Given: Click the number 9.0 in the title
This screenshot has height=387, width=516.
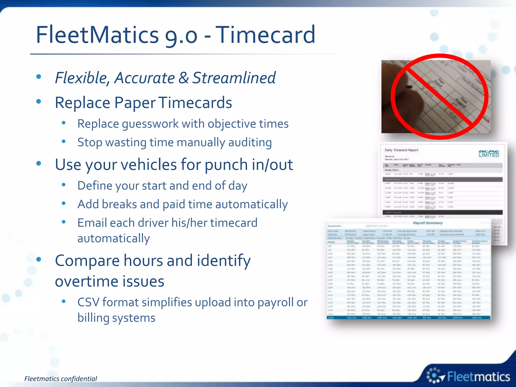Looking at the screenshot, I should [x=181, y=35].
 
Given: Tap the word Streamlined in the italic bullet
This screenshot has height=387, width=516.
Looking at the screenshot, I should [x=234, y=78].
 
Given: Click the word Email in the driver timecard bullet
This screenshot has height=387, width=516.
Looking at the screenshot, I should [x=92, y=223].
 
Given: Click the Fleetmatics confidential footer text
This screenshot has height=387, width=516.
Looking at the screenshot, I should [x=60, y=379].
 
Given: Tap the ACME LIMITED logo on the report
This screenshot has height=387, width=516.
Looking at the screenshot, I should [x=489, y=154].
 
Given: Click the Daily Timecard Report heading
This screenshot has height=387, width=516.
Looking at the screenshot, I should [x=401, y=150].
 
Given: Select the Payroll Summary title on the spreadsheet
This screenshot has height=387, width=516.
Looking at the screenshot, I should [x=428, y=223].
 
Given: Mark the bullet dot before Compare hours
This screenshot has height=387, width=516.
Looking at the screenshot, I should [x=39, y=260].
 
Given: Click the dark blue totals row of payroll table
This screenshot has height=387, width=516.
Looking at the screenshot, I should [x=408, y=318].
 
